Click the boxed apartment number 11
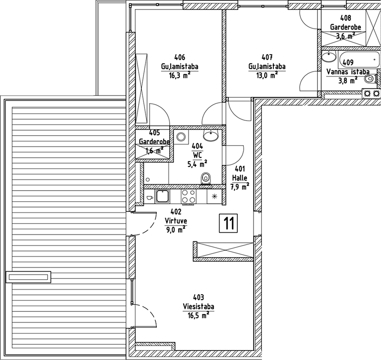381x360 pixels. [x=228, y=223]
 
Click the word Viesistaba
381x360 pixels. [x=199, y=307]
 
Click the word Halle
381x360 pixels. [x=240, y=178]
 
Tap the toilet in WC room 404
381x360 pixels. [x=205, y=179]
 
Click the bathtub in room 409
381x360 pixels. [x=358, y=60]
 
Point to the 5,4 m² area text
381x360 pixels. [x=197, y=163]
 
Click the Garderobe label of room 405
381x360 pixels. [x=155, y=141]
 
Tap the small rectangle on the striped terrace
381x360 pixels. [x=28, y=276]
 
